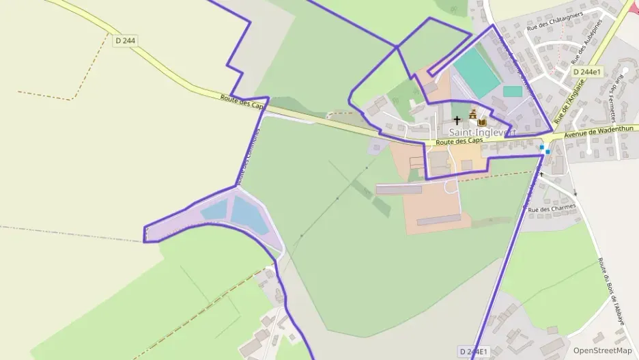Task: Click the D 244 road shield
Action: click(126, 41)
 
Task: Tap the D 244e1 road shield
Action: click(586, 72)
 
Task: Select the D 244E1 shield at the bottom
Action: click(473, 351)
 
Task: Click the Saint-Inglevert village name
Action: click(482, 131)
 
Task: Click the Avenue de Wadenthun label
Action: click(601, 131)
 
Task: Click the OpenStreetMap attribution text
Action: click(602, 350)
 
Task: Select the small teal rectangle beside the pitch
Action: click(513, 91)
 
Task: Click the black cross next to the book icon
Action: click(457, 120)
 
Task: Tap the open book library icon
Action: click(482, 121)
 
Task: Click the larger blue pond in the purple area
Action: click(246, 212)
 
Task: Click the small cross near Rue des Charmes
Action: click(542, 174)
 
